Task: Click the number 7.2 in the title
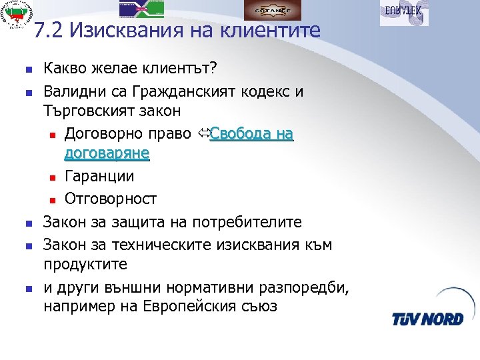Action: click(48, 31)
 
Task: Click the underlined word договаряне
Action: click(107, 155)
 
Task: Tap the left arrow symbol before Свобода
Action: click(203, 134)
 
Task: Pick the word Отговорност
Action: click(111, 199)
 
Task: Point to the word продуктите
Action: click(85, 264)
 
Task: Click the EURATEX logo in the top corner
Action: click(404, 11)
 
